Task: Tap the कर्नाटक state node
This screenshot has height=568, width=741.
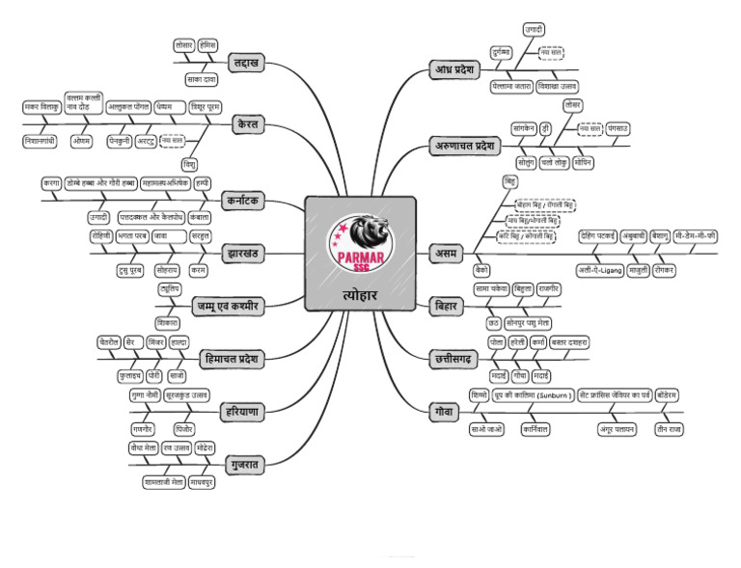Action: pyautogui.click(x=247, y=203)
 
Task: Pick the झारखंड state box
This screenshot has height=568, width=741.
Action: pyautogui.click(x=246, y=254)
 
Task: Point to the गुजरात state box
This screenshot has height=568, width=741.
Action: pyautogui.click(x=247, y=465)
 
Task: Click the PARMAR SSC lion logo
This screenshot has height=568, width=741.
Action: pyautogui.click(x=360, y=241)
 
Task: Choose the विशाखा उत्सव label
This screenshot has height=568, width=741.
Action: pyautogui.click(x=557, y=86)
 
